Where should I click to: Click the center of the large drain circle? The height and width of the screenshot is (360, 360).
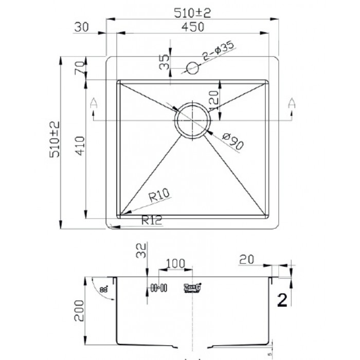192,120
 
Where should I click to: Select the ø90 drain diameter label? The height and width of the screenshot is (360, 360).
231,140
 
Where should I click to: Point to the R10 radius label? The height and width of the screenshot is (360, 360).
159,195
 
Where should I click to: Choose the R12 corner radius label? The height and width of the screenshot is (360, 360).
152,221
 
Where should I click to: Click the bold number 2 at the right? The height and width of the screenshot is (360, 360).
282,299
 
